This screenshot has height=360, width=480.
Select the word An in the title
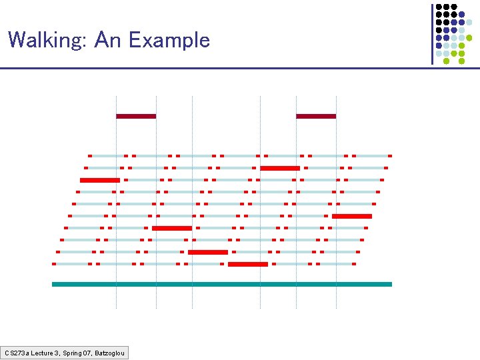109,41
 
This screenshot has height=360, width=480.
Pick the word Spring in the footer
69,352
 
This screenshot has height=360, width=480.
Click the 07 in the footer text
86,352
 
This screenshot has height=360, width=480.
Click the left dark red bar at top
136,116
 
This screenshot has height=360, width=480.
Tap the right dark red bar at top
316,116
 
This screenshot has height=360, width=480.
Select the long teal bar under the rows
222,284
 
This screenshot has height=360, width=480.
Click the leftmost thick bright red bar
100,180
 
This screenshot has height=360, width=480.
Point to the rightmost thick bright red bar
352,216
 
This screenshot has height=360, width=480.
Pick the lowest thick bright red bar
248,264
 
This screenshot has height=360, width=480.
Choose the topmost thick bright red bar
280,168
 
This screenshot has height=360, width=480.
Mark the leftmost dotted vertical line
117,200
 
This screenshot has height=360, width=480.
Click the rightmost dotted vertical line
336,200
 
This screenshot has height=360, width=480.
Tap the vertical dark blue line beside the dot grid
432,33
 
